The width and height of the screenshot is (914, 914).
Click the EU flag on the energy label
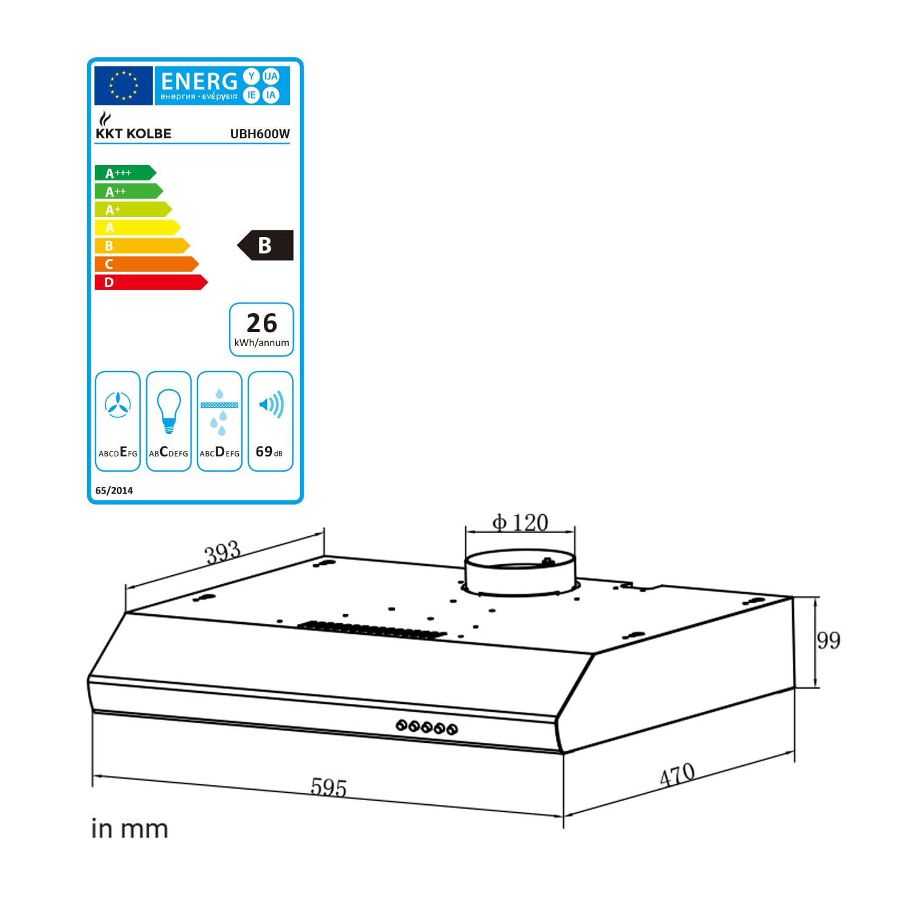123,85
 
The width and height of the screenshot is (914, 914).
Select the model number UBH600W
260,134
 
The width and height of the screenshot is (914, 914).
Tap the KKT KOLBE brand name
133,133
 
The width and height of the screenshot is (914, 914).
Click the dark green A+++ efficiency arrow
125,173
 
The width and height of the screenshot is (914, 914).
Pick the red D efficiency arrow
151,282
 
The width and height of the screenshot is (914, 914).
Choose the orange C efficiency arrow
147,264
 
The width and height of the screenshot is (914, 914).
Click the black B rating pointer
265,245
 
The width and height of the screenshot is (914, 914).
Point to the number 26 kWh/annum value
262,323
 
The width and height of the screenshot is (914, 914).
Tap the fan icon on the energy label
118,405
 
